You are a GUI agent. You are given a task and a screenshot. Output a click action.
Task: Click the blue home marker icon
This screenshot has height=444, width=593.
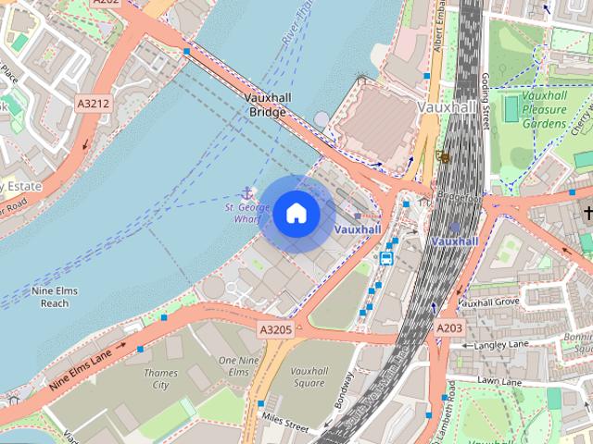pos(296,214)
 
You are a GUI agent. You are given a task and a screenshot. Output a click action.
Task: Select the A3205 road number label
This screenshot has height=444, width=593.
pos(275,328)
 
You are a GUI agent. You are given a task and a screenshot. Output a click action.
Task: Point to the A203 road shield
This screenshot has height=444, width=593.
pos(448,327)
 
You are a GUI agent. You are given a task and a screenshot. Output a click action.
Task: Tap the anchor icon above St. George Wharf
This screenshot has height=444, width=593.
pos(246,192)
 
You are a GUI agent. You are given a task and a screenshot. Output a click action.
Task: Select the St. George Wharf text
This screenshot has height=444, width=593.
pos(248,214)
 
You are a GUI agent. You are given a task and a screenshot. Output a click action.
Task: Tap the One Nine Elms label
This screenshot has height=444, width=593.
pos(233,364)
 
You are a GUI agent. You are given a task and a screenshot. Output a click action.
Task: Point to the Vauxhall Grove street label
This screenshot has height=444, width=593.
pos(488,302)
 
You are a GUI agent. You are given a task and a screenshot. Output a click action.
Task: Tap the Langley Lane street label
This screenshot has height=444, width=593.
pos(500,345)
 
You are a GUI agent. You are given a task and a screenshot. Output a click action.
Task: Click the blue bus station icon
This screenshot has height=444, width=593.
pos(385,257)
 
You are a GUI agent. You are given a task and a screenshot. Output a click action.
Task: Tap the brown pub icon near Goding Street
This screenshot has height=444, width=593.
pos(444,157)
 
